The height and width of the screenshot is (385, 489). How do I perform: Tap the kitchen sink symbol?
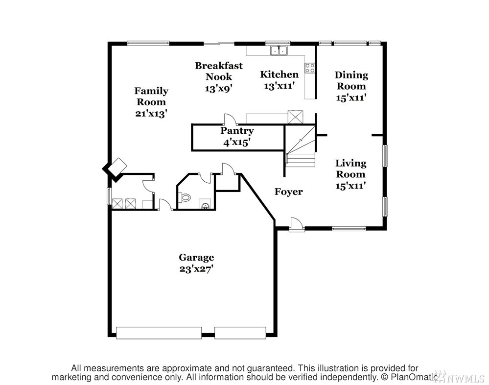click(279, 50)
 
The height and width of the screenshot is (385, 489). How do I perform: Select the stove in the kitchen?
click(310, 68)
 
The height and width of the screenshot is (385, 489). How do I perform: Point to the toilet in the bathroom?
click(185, 197)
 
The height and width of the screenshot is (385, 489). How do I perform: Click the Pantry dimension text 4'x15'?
click(237, 142)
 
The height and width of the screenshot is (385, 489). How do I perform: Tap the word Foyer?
click(288, 192)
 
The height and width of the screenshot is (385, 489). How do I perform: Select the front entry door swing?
click(296, 224)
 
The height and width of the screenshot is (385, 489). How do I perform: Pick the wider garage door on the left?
click(159, 333)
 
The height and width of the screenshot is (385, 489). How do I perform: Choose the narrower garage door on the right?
click(240, 333)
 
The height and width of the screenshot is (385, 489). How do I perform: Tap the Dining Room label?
click(351, 80)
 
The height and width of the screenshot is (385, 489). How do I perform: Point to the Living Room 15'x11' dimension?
click(350, 186)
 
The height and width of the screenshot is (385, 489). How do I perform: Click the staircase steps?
click(301, 146)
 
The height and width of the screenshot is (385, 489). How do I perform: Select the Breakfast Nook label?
click(219, 71)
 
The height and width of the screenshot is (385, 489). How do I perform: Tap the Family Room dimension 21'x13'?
click(151, 114)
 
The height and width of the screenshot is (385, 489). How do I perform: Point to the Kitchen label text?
click(279, 74)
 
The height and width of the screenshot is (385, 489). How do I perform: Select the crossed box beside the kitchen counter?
click(295, 116)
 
